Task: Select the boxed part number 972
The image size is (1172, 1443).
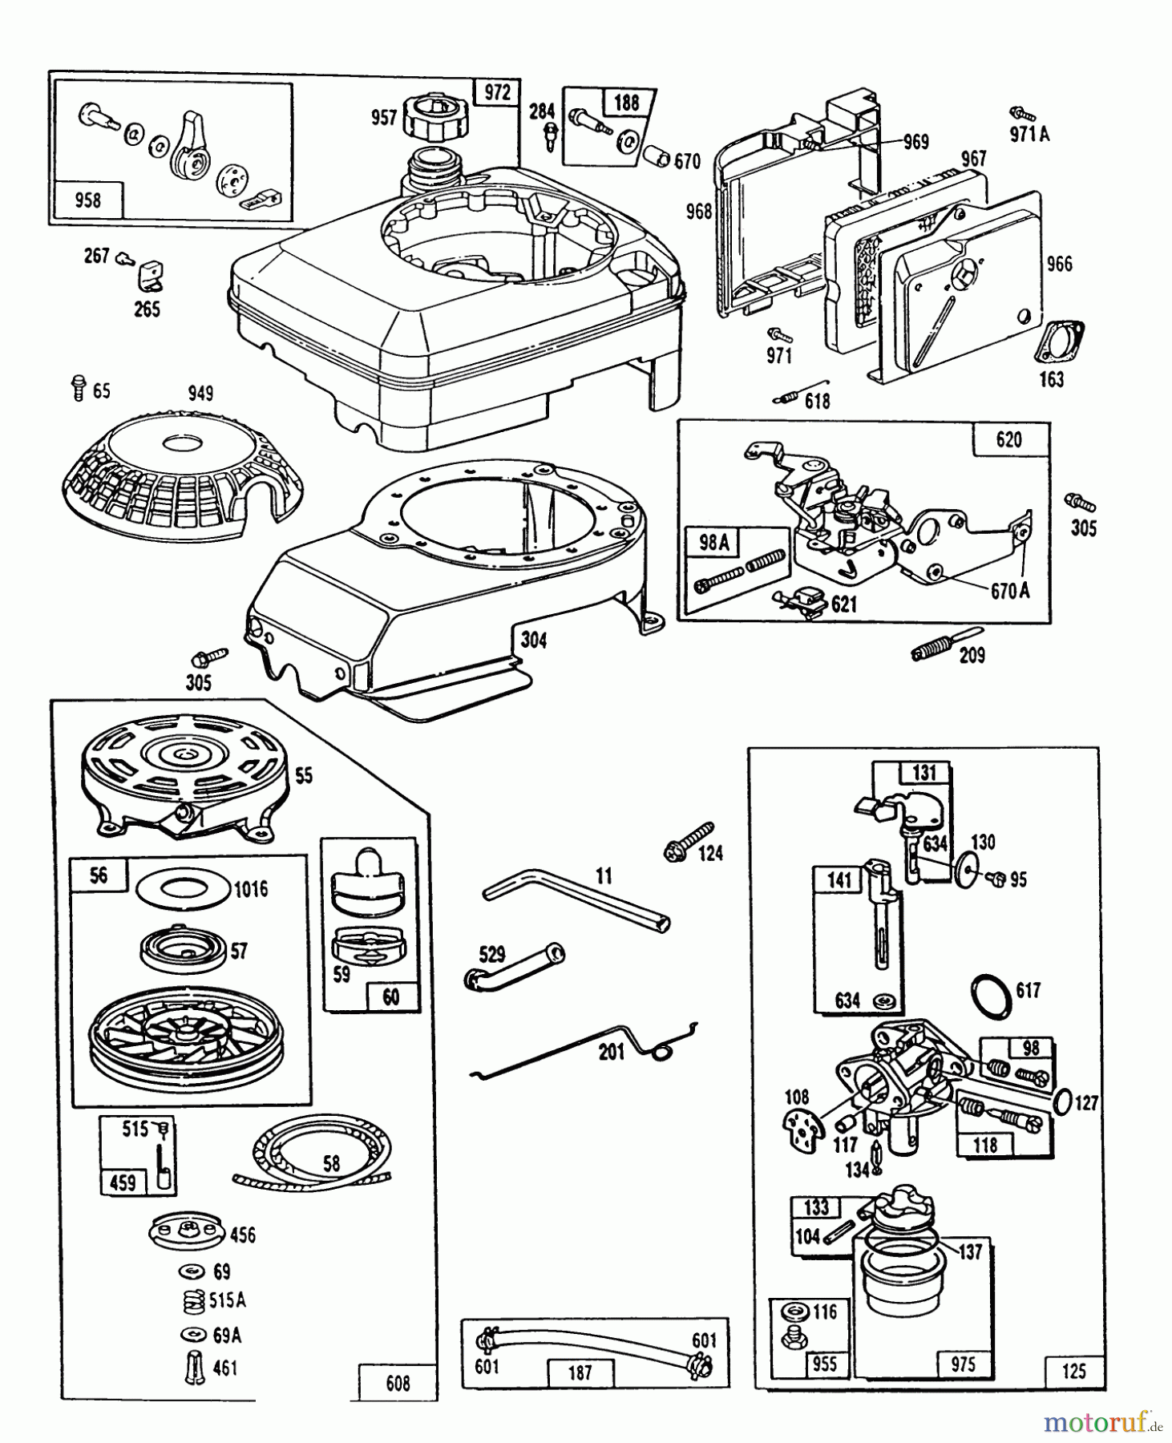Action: pyautogui.click(x=497, y=92)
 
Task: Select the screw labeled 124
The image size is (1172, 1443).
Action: pyautogui.click(x=687, y=842)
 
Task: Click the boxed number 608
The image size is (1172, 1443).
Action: pyautogui.click(x=398, y=1383)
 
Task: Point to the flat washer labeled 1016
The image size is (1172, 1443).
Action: pyautogui.click(x=182, y=887)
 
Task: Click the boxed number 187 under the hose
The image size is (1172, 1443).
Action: pyautogui.click(x=579, y=1372)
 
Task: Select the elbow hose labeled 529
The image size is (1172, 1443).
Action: pyautogui.click(x=513, y=965)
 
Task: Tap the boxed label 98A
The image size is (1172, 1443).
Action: pyautogui.click(x=714, y=543)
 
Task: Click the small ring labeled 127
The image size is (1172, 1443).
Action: pyautogui.click(x=1060, y=1102)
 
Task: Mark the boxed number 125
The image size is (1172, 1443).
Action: pyautogui.click(x=1073, y=1370)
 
